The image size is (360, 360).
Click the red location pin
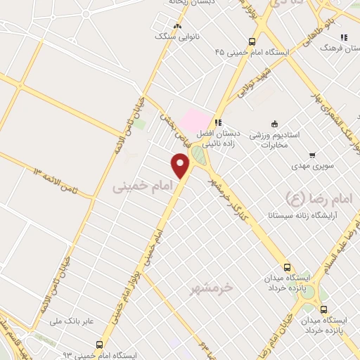click(x=181, y=166)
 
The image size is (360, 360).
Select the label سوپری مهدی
click(x=309, y=168)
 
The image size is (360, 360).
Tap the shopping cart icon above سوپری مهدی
click(x=311, y=155)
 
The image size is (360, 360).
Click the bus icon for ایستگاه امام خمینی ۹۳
click(x=99, y=345)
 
